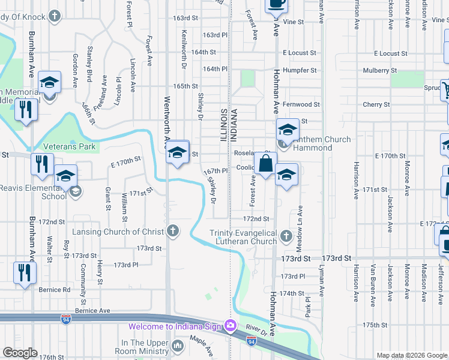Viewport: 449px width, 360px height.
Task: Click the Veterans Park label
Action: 69,146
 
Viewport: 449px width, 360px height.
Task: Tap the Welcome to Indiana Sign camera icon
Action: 230,326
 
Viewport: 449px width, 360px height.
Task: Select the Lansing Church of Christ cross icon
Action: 173,231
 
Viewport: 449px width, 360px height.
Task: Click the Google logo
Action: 20,353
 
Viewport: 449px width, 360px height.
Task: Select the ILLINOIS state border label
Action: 224,126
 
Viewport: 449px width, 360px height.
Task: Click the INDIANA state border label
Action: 234,126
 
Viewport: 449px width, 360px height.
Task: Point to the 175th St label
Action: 375,325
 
